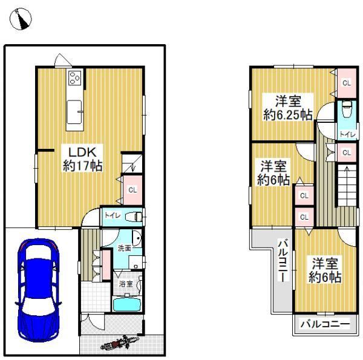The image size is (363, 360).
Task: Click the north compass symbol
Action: pyautogui.click(x=21, y=19)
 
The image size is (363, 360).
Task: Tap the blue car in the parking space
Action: pyautogui.click(x=39, y=290)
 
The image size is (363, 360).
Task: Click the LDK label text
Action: pyautogui.click(x=83, y=152)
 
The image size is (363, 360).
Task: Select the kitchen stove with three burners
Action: pyautogui.click(x=75, y=77)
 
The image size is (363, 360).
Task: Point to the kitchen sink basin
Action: pyautogui.click(x=74, y=112)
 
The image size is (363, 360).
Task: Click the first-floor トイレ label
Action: pyautogui.click(x=113, y=215)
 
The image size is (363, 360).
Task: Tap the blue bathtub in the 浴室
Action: pyautogui.click(x=127, y=304)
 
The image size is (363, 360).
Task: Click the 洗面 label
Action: pyautogui.click(x=124, y=249)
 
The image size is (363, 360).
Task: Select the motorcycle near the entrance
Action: pyautogui.click(x=119, y=343)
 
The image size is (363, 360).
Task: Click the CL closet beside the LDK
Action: pyautogui.click(x=132, y=190)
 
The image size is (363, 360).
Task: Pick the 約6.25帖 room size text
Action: pyautogui.click(x=288, y=114)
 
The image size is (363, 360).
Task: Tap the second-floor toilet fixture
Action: pyautogui.click(x=347, y=109)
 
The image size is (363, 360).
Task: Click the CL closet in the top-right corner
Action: pyautogui.click(x=347, y=83)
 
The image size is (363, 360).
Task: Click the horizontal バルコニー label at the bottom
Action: pyautogui.click(x=325, y=324)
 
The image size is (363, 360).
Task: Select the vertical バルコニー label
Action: pyautogui.click(x=283, y=260)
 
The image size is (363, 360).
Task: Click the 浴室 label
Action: pyautogui.click(x=126, y=284)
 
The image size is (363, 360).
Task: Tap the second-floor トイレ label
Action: pyautogui.click(x=347, y=134)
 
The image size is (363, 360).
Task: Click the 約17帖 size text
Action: pyautogui.click(x=83, y=165)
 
